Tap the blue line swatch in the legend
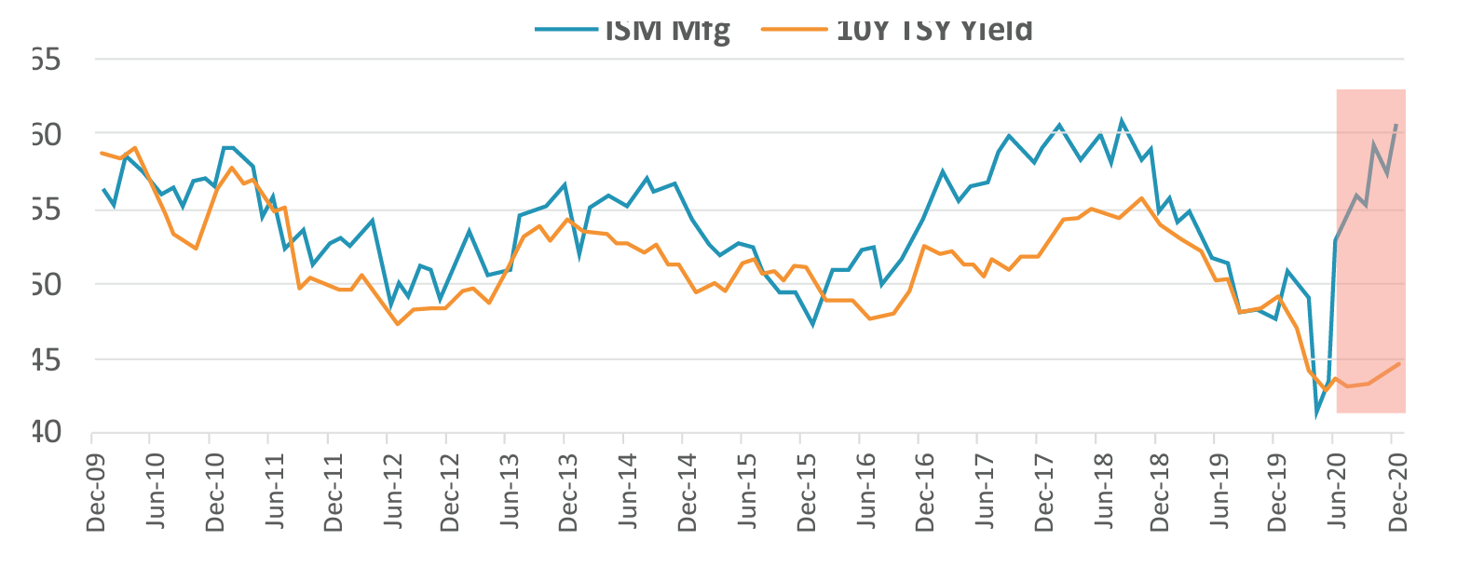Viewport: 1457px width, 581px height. [x=565, y=29]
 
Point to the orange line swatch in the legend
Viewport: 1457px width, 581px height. [x=795, y=29]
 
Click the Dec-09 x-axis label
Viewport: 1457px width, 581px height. [x=95, y=497]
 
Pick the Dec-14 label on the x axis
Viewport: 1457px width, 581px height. [x=687, y=497]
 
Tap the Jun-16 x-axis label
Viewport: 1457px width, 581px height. [x=865, y=497]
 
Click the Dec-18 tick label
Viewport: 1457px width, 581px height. [x=1161, y=497]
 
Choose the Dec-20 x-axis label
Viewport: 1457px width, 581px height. [x=1397, y=497]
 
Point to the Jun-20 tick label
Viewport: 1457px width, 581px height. [x=1338, y=497]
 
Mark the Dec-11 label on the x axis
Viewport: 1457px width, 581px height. [x=332, y=497]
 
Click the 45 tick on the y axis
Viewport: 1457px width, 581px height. [x=44, y=359]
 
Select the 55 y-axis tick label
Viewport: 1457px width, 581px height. [x=44, y=209]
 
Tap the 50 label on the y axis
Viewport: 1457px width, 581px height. [x=44, y=284]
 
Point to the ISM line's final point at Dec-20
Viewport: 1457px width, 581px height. [x=1396, y=124]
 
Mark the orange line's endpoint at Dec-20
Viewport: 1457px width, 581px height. [x=1398, y=364]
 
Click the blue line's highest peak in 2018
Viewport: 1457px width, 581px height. [x=1121, y=120]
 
